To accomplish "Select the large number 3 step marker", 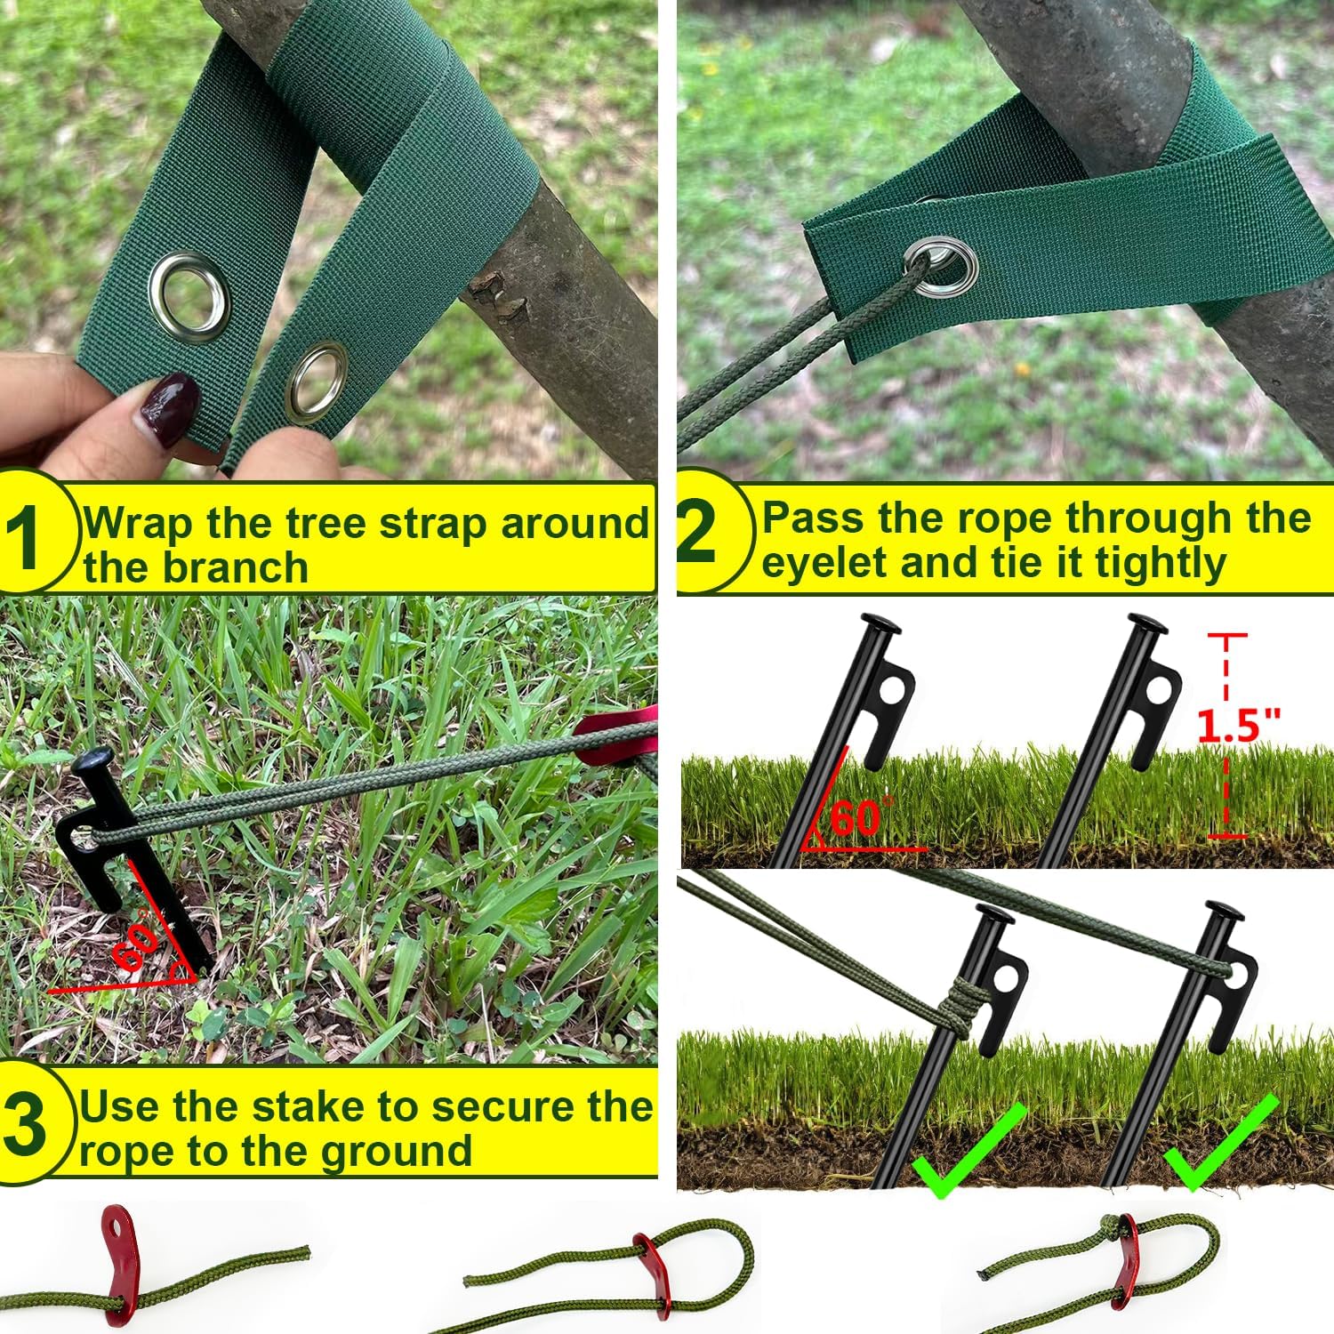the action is (24, 1124).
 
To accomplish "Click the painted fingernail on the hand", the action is (169, 408).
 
